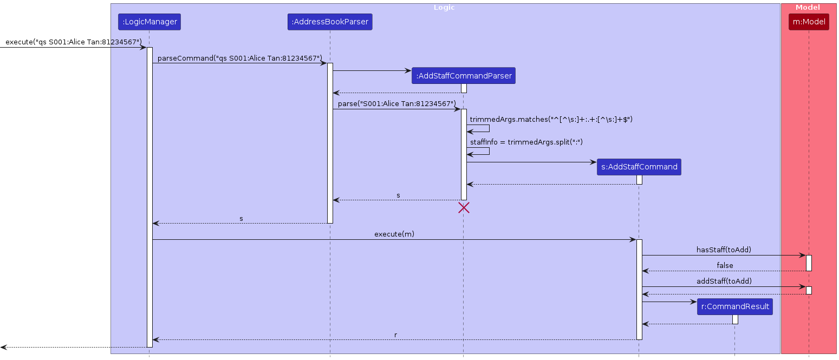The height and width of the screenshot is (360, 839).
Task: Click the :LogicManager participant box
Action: [149, 22]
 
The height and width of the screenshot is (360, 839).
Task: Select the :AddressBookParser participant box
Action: [330, 22]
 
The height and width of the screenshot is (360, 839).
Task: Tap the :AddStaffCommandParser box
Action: [464, 76]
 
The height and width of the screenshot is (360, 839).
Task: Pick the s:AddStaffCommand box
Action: [639, 167]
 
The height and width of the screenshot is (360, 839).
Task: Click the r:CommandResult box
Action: [735, 306]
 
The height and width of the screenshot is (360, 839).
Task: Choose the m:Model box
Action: [809, 22]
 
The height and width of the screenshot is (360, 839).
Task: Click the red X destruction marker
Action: [464, 208]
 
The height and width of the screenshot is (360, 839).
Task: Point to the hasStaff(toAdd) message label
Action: [724, 250]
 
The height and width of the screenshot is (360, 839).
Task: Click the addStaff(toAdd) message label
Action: [724, 281]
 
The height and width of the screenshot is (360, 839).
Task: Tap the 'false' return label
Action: [725, 265]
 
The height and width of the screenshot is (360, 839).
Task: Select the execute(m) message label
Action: [394, 234]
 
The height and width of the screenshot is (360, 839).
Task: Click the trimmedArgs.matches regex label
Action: [551, 120]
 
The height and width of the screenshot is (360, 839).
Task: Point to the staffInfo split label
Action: [526, 142]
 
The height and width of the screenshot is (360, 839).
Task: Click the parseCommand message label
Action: [240, 58]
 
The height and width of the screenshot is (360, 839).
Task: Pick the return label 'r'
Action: [395, 335]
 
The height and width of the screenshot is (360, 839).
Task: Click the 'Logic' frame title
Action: [444, 8]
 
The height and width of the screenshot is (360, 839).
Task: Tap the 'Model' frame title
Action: [808, 8]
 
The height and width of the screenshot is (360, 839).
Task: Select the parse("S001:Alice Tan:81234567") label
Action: [396, 103]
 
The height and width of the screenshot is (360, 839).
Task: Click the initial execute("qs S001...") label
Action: [74, 42]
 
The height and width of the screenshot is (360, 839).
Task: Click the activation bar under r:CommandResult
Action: [735, 319]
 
